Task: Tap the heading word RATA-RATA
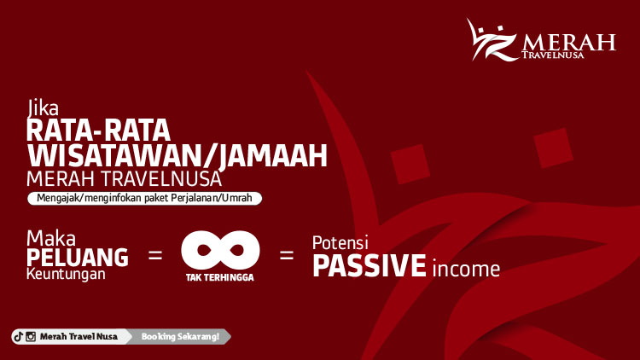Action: pos(98,131)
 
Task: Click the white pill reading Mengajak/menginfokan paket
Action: pos(144,198)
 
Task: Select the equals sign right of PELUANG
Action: pos(155,254)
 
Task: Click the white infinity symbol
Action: pos(220,249)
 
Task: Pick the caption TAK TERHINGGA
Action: pos(220,277)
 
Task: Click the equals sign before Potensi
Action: pos(287,254)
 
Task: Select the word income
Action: pos(465,269)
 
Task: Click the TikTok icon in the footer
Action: pos(18,337)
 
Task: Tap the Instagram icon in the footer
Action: pos(31,337)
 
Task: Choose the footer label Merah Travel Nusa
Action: pos(79,337)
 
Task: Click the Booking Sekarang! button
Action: pos(180,337)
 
